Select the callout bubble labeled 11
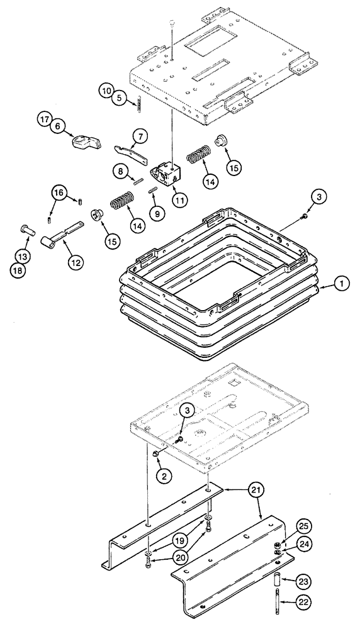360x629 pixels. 180,201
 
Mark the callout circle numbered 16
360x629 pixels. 58,192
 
